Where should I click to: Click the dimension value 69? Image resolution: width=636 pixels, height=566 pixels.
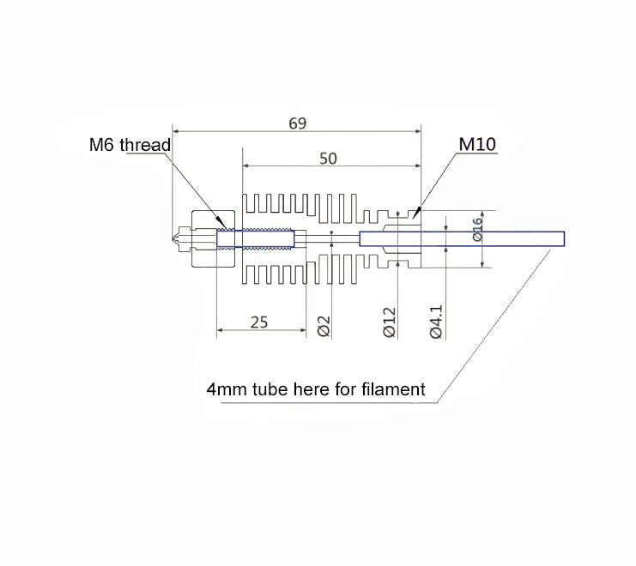[297, 123]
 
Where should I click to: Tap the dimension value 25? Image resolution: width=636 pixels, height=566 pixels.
[259, 322]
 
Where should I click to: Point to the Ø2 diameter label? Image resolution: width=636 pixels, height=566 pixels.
[324, 326]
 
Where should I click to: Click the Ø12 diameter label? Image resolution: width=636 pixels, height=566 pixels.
[389, 322]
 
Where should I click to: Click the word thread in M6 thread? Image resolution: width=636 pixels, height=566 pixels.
[145, 144]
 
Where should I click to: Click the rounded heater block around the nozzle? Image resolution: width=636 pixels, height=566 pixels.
[213, 238]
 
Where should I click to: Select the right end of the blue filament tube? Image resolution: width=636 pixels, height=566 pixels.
[562, 238]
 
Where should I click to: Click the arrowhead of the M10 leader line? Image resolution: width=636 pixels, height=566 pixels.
[418, 209]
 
